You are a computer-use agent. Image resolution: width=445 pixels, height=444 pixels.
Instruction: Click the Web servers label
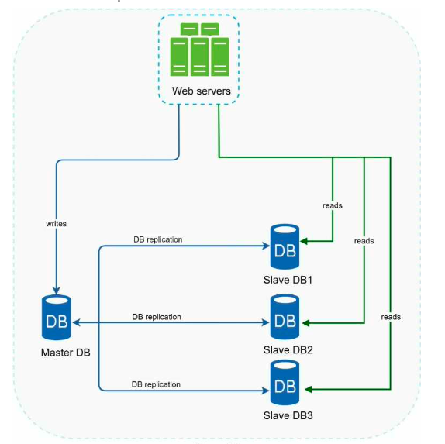coord(202,91)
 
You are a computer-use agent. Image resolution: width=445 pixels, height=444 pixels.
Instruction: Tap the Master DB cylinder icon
coord(57,317)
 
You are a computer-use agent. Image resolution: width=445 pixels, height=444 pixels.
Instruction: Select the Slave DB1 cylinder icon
coord(285,246)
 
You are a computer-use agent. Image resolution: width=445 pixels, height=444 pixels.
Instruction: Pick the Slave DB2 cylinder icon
coord(285,317)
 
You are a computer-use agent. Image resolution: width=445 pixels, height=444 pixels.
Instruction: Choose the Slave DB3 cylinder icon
coord(285,383)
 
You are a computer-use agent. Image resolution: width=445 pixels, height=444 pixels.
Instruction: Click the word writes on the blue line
coord(56,224)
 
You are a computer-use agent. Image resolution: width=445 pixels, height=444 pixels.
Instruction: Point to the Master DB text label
coord(66,353)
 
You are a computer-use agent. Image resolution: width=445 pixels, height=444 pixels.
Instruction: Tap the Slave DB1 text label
coord(288,280)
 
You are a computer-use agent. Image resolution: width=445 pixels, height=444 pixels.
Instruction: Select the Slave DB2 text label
coord(288,350)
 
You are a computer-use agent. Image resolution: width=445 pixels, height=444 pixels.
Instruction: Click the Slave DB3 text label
coord(288,415)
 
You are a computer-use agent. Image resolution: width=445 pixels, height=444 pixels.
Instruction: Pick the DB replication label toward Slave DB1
coord(158,239)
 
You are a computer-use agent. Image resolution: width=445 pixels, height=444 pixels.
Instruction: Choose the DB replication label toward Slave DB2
coord(157,317)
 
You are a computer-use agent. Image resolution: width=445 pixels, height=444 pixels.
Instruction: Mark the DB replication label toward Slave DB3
coord(156,384)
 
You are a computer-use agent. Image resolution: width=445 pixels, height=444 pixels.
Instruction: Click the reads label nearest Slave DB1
coord(333,205)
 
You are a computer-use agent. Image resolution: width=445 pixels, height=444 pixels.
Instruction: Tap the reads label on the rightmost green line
coord(391,317)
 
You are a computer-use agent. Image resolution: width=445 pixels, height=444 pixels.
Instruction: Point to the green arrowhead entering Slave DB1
coord(304,242)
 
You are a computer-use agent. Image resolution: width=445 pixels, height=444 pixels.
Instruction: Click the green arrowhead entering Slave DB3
coord(309,390)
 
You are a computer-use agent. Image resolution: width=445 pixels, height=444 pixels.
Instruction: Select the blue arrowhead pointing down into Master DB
coord(56,291)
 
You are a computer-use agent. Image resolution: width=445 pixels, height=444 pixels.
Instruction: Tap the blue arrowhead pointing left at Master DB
coord(76,322)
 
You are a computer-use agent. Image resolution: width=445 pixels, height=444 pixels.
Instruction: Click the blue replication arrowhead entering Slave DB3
coord(266,391)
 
